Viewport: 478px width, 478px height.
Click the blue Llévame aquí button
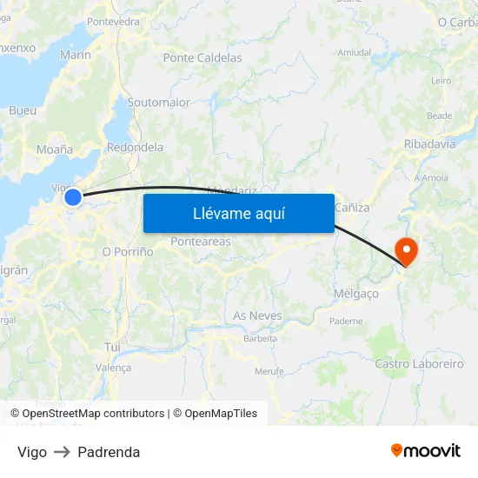pyautogui.click(x=238, y=213)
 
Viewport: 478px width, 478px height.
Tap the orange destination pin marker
pyautogui.click(x=406, y=251)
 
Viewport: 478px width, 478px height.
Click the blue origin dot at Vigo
pyautogui.click(x=73, y=198)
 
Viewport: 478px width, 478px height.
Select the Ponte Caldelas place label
pyautogui.click(x=202, y=58)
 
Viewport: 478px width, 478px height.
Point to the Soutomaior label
pyautogui.click(x=158, y=103)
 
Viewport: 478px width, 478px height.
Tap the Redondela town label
pyautogui.click(x=135, y=148)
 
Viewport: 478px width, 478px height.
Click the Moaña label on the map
pyautogui.click(x=55, y=149)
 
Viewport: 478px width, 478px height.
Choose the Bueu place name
pyautogui.click(x=23, y=110)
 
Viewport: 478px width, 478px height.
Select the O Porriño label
pyautogui.click(x=128, y=251)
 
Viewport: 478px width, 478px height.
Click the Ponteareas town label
pyautogui.click(x=201, y=242)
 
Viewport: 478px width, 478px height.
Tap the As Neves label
pyautogui.click(x=257, y=315)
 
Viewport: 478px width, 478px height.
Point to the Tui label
pyautogui.click(x=112, y=347)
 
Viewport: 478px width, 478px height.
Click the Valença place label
pyautogui.click(x=112, y=368)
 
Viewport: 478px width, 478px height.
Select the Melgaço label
pyautogui.click(x=356, y=294)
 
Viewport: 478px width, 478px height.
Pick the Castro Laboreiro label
pyautogui.click(x=419, y=364)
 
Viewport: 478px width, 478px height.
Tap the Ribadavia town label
pyautogui.click(x=429, y=144)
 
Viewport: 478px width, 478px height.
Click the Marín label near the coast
pyautogui.click(x=76, y=55)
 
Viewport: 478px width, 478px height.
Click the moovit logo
pyautogui.click(x=425, y=451)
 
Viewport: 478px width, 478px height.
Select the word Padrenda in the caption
pyautogui.click(x=109, y=452)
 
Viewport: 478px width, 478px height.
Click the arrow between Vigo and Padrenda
pyautogui.click(x=62, y=452)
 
